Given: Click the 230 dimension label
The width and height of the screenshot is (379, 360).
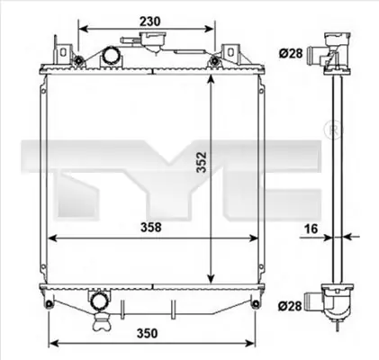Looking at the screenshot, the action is point(150,22).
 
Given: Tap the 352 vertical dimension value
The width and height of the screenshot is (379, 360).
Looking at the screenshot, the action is point(202,162).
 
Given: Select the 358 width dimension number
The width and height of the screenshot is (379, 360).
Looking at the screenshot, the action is point(151,228).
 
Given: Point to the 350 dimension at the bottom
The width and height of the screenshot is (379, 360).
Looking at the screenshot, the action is point(147,333).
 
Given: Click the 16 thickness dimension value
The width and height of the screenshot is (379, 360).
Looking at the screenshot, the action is point(311,229).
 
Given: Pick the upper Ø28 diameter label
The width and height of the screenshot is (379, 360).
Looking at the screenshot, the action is point(290,53).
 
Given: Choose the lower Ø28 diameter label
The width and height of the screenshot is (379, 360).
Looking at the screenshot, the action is point(290,306).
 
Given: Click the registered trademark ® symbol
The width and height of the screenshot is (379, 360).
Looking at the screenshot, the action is point(333,130).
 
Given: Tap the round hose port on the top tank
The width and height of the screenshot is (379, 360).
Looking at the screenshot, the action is point(111,56).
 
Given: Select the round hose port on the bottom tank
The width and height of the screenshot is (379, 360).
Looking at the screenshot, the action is point(98,301).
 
